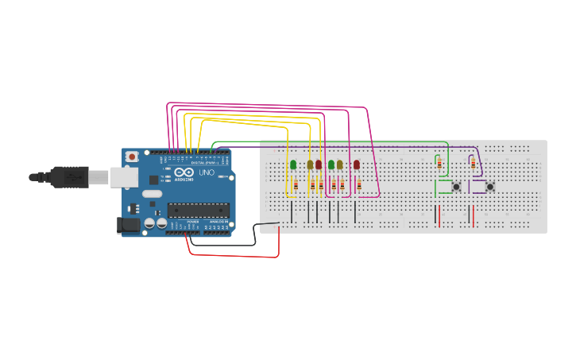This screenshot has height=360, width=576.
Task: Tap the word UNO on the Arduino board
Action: click(206, 172)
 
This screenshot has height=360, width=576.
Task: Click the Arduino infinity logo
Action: click(184, 172)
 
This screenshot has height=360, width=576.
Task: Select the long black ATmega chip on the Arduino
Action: click(198, 211)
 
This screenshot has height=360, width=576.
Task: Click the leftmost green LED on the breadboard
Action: click(293, 165)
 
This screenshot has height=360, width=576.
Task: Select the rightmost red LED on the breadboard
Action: click(357, 165)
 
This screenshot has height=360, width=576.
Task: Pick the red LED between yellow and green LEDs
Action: click(319, 165)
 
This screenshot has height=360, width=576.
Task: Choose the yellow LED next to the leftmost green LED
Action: click(310, 165)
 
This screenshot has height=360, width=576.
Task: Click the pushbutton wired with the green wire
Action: click(456, 187)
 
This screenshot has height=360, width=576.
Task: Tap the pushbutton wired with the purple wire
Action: click(490, 187)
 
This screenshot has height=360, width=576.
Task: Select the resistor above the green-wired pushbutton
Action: click(439, 164)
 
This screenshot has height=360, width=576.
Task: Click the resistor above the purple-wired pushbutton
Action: click(474, 164)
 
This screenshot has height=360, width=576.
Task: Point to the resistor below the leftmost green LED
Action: click(296, 185)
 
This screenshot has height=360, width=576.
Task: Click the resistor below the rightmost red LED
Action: click(359, 185)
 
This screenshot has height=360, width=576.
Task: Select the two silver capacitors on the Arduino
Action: click(156, 225)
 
